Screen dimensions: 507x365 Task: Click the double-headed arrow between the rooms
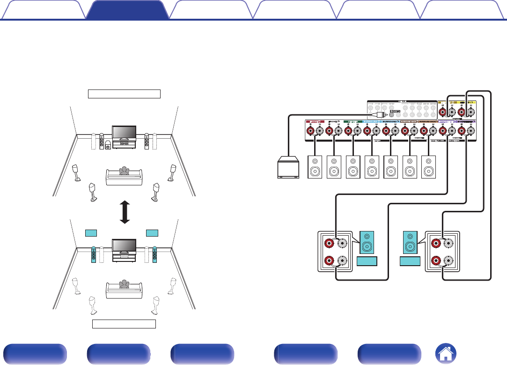[x=124, y=212]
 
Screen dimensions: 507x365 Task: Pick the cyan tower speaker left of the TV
[x=94, y=254]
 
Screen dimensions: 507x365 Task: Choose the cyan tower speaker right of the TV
[x=154, y=254]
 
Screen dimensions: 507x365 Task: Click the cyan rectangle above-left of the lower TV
[x=90, y=233]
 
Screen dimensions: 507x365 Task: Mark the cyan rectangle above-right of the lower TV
[x=152, y=233]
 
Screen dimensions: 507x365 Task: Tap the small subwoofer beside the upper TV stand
[x=109, y=146]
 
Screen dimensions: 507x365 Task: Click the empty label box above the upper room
[x=124, y=94]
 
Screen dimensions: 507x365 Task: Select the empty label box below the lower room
[x=124, y=324]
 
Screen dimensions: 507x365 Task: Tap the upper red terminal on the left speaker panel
[x=331, y=243]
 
